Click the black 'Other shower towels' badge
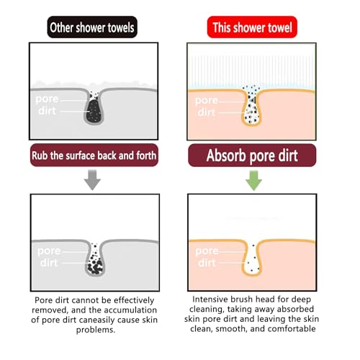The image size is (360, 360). click(x=92, y=27)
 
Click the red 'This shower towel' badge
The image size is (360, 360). click(x=252, y=27)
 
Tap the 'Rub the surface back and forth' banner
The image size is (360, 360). click(x=94, y=156)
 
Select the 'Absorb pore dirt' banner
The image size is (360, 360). click(x=252, y=156)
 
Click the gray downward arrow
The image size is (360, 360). click(x=92, y=180)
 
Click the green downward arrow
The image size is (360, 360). click(x=254, y=181)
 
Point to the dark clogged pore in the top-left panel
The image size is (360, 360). click(x=94, y=109)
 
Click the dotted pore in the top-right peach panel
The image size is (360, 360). click(x=251, y=107)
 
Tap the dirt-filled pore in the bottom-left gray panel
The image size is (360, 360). click(x=95, y=260)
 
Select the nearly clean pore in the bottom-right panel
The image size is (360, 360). click(x=252, y=260)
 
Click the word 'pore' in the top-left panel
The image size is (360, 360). click(x=47, y=99)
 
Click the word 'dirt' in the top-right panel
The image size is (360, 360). click(x=207, y=112)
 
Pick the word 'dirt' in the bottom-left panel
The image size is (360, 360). click(x=49, y=263)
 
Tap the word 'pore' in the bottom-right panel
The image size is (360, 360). click(x=207, y=251)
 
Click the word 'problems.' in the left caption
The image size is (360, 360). click(x=96, y=330)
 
